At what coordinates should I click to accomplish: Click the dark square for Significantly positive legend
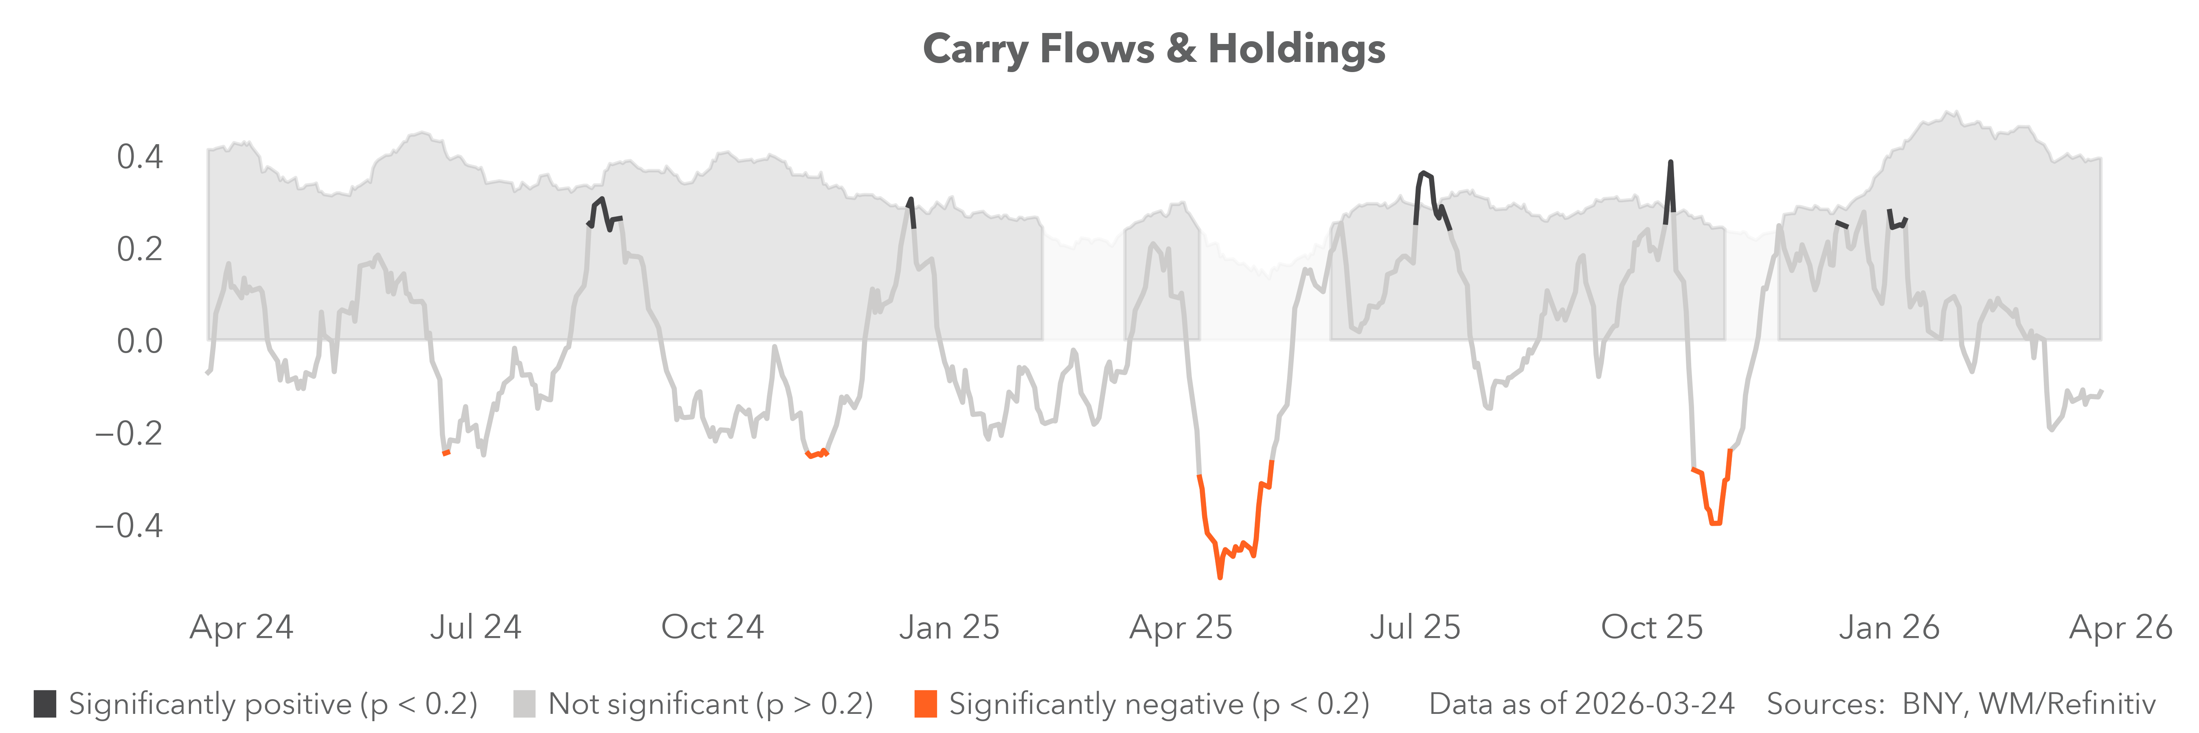[45, 704]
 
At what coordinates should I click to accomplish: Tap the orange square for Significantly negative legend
[925, 704]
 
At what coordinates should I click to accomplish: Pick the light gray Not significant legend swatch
[524, 704]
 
